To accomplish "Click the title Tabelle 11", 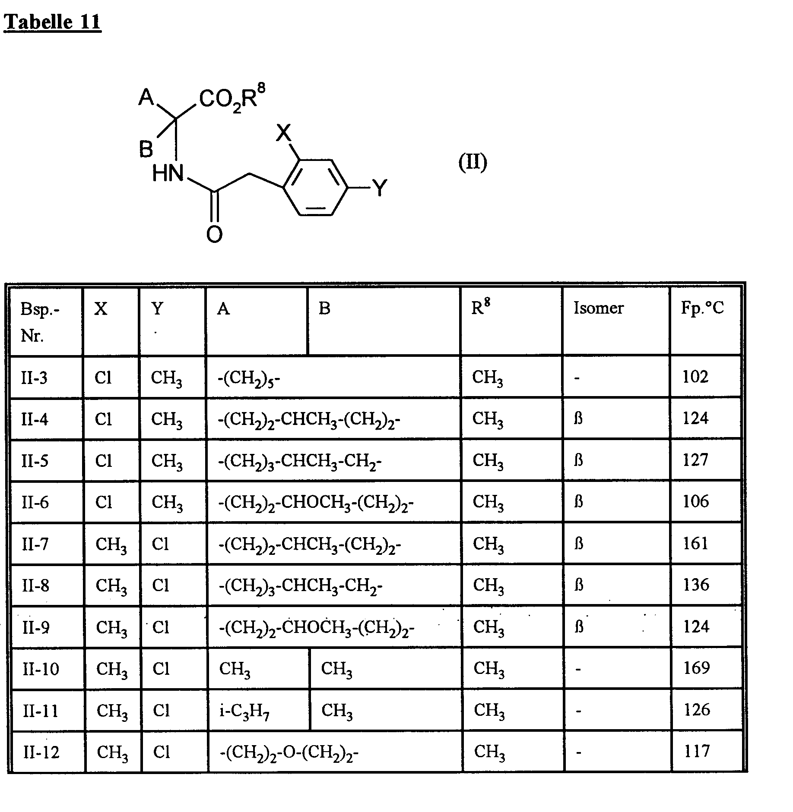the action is (52, 22).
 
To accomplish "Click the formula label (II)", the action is (473, 163).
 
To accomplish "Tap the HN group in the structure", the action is (168, 174).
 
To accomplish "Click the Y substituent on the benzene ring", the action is (380, 188).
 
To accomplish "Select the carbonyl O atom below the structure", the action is (214, 234).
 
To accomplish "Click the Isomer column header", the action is (599, 308).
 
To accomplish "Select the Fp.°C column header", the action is (702, 308).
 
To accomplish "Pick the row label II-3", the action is (34, 378).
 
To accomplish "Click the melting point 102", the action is (695, 377).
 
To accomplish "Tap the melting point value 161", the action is (695, 543).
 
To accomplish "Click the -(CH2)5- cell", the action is (249, 378).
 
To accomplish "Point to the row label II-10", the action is (41, 669).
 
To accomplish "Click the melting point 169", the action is (697, 668).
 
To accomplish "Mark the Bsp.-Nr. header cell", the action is (40, 321).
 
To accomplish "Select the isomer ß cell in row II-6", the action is (578, 502).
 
